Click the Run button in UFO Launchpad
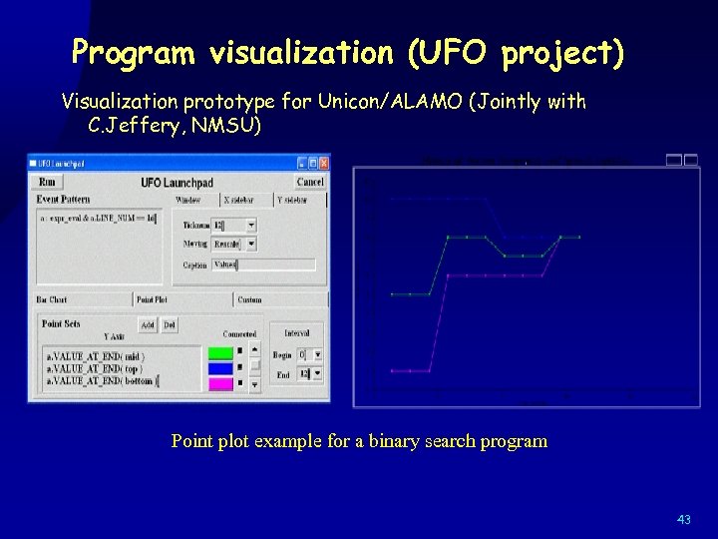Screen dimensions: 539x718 (47, 182)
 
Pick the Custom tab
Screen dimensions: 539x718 (250, 299)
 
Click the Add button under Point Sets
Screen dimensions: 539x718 (148, 324)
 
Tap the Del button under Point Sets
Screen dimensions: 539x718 (170, 324)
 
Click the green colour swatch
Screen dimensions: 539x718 (220, 353)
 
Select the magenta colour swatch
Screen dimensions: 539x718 (220, 382)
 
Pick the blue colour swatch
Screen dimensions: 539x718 (220, 367)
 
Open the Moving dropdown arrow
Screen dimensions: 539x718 (251, 244)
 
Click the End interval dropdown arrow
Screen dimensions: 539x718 (317, 374)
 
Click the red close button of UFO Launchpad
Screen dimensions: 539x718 (323, 163)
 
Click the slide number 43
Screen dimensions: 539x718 (683, 519)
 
